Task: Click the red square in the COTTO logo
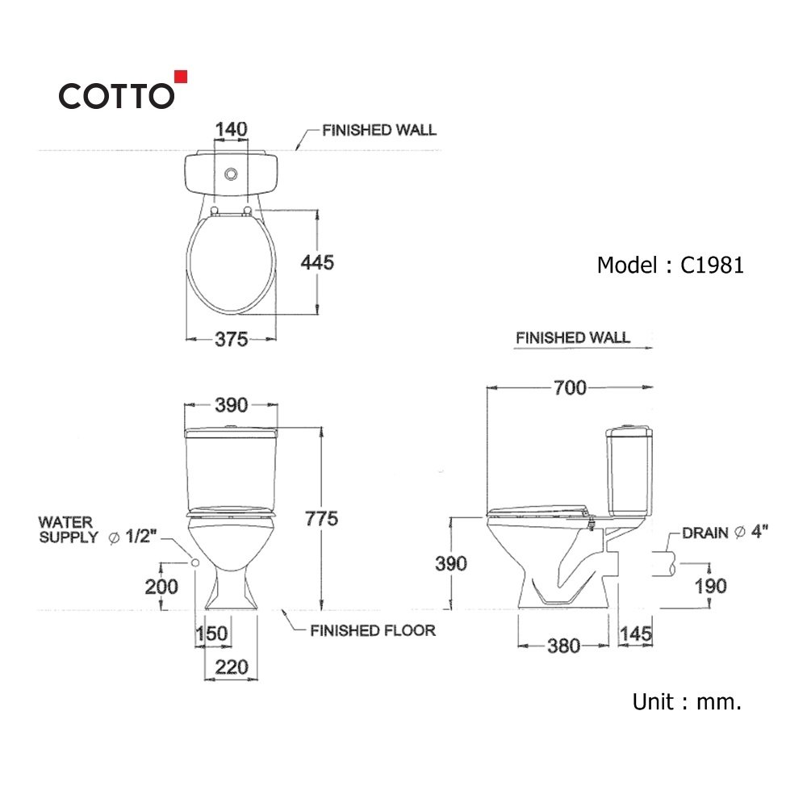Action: click(x=181, y=77)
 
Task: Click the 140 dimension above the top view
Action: click(x=231, y=129)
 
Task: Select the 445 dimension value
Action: click(x=317, y=262)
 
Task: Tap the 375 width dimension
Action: click(x=231, y=339)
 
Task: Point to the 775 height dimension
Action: click(x=321, y=518)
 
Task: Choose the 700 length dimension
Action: click(x=570, y=387)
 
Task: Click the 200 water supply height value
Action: click(x=161, y=586)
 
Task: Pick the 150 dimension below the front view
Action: click(x=211, y=633)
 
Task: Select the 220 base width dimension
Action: click(x=232, y=667)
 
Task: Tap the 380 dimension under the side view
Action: click(x=563, y=646)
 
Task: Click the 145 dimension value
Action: click(x=636, y=634)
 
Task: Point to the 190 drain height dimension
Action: click(x=710, y=586)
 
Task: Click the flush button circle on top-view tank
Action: click(x=231, y=174)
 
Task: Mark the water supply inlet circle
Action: click(x=195, y=562)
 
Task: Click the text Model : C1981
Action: click(x=670, y=266)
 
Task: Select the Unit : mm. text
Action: click(x=687, y=701)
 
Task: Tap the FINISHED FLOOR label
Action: click(x=373, y=630)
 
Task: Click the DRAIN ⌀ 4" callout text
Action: click(x=725, y=533)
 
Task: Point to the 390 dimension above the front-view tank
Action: click(x=231, y=406)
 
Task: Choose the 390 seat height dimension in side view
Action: click(x=451, y=563)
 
